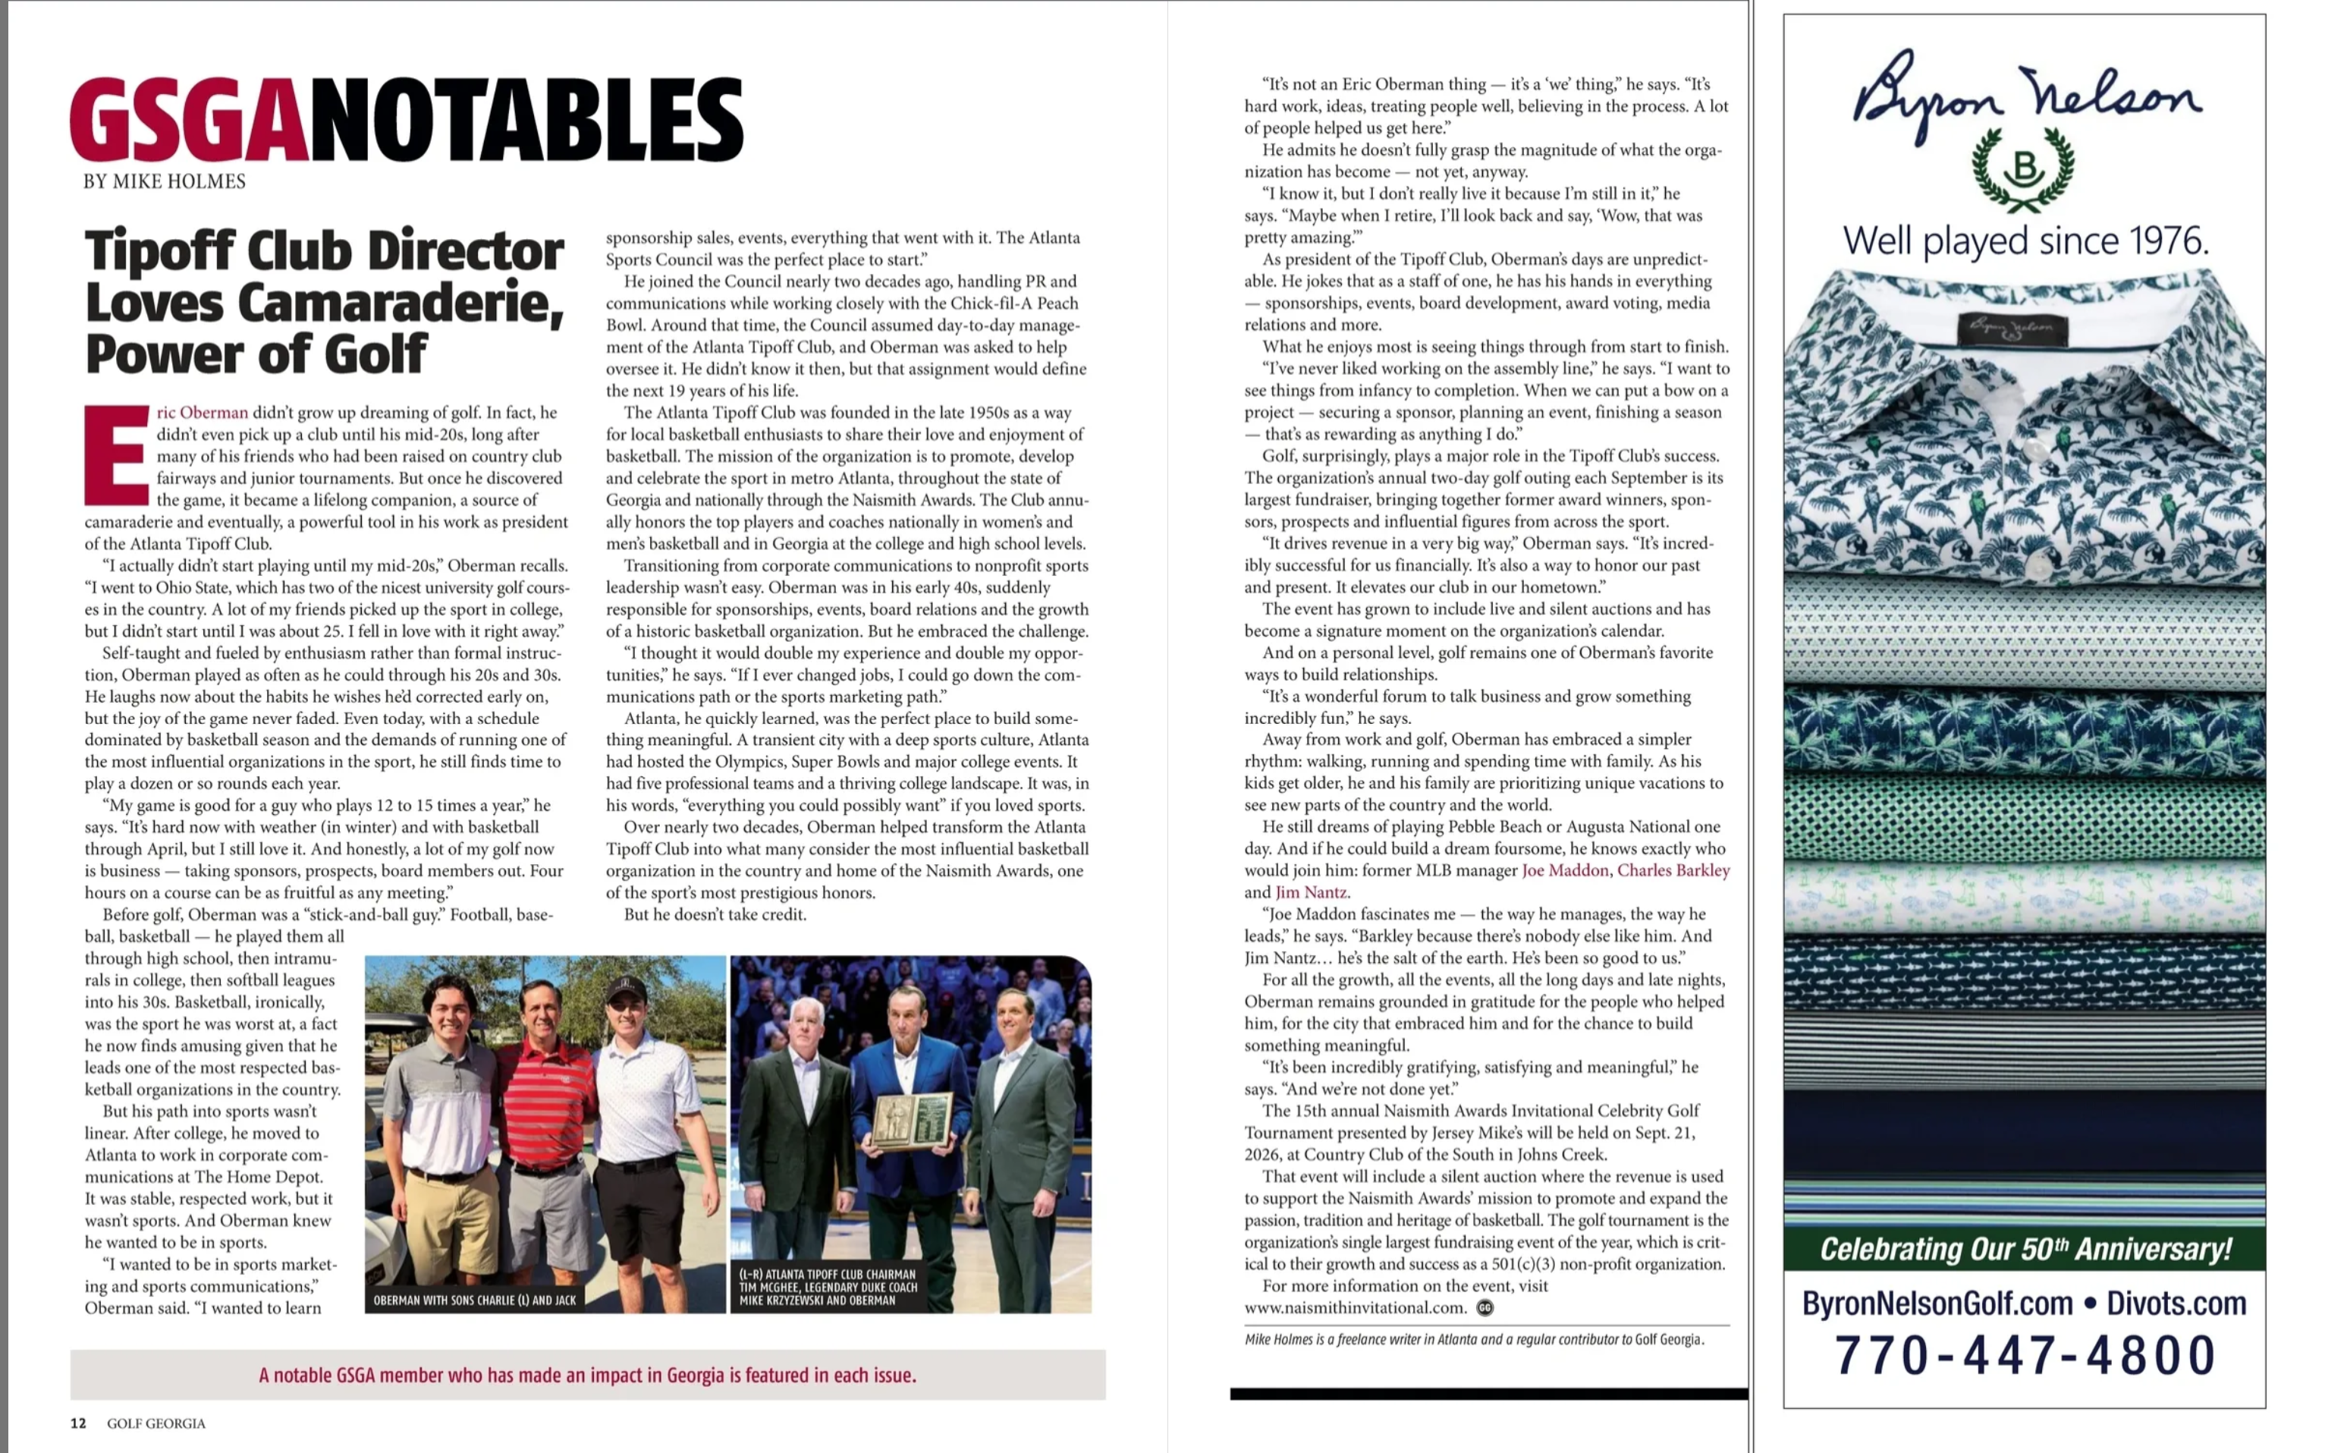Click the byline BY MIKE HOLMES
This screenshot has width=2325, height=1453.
[x=165, y=181]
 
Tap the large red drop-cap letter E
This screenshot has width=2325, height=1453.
[x=116, y=455]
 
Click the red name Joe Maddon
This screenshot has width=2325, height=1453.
[x=1564, y=870]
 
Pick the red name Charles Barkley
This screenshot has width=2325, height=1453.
[x=1673, y=870]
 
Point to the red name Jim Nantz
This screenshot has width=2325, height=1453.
[x=1312, y=893]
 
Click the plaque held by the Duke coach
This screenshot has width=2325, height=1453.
[x=908, y=1121]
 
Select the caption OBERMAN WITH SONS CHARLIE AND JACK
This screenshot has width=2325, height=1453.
[x=475, y=1300]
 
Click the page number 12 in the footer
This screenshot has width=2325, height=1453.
[x=78, y=1423]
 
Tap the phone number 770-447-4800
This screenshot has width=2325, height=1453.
[x=2025, y=1355]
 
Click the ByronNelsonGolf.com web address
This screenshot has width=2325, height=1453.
[x=1937, y=1304]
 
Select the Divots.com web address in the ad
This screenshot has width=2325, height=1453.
[x=2176, y=1304]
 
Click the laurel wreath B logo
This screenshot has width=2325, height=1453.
[x=2023, y=170]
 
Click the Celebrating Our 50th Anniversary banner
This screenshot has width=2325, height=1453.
[x=2025, y=1249]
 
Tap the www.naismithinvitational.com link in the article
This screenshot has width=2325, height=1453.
[x=1355, y=1308]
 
